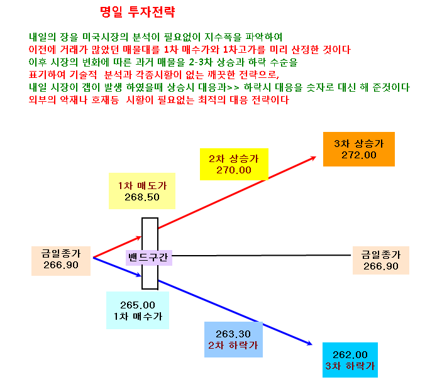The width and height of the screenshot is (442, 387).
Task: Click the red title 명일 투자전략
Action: pos(138,12)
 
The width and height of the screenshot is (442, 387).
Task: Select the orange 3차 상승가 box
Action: pos(359,149)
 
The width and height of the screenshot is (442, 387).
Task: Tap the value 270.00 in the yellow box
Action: pos(234,170)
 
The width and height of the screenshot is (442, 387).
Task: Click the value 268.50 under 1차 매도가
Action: pos(142,197)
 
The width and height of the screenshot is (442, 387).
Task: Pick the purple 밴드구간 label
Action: pos(149,258)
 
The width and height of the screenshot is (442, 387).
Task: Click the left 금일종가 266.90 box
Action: pos(61,261)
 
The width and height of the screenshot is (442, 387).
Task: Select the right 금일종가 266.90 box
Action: pos(381,260)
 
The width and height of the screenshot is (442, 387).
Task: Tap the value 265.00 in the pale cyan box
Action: pos(138,305)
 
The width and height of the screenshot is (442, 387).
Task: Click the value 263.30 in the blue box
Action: pos(233,334)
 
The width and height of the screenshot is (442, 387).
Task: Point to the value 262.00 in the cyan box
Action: pos(350,354)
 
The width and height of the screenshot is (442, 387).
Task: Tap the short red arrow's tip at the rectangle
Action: pos(141,237)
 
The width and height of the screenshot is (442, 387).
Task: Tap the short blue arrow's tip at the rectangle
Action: pos(141,275)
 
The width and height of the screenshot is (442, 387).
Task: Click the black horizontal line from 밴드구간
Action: pos(262,256)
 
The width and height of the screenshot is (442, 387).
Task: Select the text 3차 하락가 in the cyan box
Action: pos(350,366)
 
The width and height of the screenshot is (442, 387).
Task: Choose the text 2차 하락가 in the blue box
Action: pos(233,346)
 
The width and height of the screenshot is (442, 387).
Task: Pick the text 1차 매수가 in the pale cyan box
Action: pos(138,316)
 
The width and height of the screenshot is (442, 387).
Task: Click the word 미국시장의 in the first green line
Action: pos(105,37)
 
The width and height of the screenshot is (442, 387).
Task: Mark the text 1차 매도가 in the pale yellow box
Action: pos(142,185)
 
